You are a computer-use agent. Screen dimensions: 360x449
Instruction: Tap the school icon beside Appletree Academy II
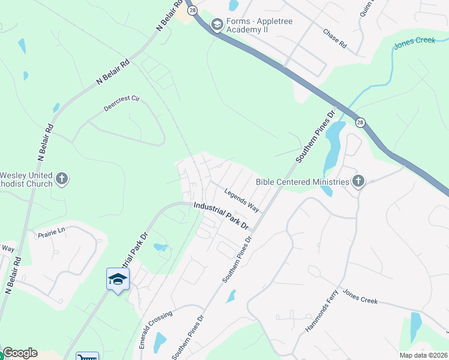coord(217,25)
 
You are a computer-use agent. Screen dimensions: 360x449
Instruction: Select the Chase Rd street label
coord(335,38)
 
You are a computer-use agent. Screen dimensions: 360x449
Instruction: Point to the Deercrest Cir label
coord(121,103)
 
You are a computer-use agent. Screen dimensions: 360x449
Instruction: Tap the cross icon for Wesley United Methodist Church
coord(62,179)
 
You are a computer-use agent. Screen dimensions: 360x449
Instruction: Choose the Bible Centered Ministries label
coord(302,182)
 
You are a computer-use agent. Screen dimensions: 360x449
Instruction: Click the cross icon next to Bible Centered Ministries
coord(358,181)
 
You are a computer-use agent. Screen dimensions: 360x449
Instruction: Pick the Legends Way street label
coord(241,200)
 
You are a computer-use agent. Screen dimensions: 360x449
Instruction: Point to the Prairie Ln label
coord(50,231)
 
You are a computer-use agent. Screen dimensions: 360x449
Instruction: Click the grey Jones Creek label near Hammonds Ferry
coord(360,296)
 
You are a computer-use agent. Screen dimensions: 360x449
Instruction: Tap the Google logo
coord(20,353)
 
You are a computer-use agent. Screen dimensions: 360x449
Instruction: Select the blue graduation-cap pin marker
coord(118,280)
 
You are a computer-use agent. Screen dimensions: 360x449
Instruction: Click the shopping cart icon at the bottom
coord(87,357)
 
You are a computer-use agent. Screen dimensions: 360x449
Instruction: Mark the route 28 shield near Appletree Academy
coord(191,10)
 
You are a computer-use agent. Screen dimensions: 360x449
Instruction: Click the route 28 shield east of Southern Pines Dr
coord(360,122)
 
